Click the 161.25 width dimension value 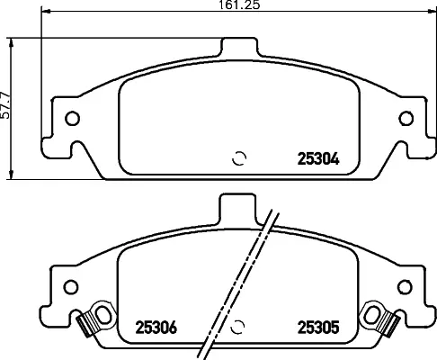coord(236,5)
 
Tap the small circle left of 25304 coord(238,159)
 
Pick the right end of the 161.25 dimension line coord(430,13)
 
